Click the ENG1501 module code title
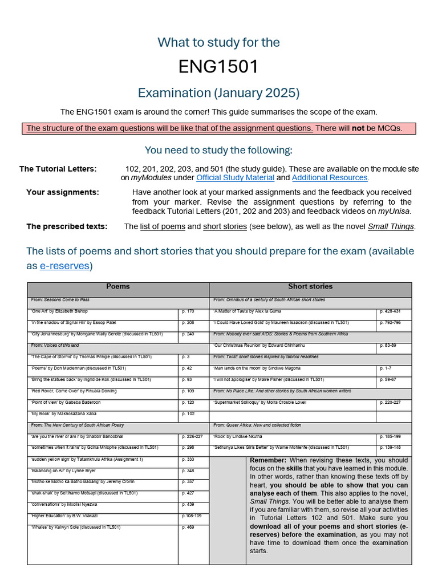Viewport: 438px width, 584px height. [x=218, y=67]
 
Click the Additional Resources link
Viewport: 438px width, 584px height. [x=330, y=178]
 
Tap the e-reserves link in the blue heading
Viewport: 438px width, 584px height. [x=64, y=266]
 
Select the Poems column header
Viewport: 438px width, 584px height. [x=118, y=287]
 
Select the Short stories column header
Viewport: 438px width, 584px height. [x=310, y=287]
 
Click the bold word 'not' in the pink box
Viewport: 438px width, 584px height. [x=358, y=128]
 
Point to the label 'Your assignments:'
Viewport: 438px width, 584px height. [x=63, y=193]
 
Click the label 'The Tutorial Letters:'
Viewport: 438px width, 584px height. [x=58, y=169]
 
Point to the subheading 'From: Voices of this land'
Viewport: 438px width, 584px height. [x=55, y=346]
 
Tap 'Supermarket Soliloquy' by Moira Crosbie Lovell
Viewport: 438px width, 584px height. [x=260, y=403]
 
